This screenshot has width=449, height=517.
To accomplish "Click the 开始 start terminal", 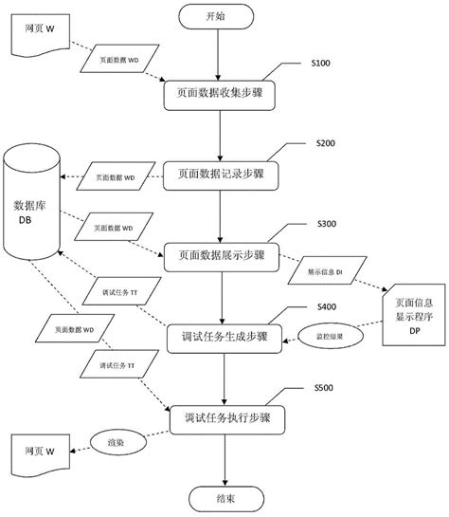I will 216,17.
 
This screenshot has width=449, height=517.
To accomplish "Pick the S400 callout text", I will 325,305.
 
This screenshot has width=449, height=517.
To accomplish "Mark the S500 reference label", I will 325,388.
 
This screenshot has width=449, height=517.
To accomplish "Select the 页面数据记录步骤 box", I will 222,175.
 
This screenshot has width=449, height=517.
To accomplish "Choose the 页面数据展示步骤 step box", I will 222,255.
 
